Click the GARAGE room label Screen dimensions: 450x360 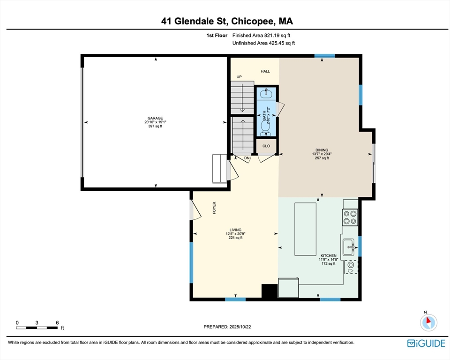click(155, 118)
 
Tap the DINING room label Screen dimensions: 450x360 click(322, 150)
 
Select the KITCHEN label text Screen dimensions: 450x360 click(328, 255)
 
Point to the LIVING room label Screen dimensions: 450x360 click(235, 230)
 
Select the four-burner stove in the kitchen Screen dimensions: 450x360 click(350, 217)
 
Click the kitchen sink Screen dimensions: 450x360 click(349, 247)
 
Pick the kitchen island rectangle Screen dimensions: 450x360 click(305, 229)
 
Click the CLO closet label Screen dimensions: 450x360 click(266, 146)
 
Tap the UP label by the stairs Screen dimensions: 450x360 click(239, 77)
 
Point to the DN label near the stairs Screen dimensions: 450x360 click(247, 158)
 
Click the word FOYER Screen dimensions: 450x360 click(214, 208)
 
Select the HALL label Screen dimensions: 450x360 click(265, 71)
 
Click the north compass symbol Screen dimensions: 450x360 click(429, 322)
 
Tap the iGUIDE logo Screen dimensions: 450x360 click(426, 343)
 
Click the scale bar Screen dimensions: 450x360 click(37, 328)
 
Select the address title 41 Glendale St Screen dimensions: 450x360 click(194, 21)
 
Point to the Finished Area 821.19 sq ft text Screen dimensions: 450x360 click(261, 35)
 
